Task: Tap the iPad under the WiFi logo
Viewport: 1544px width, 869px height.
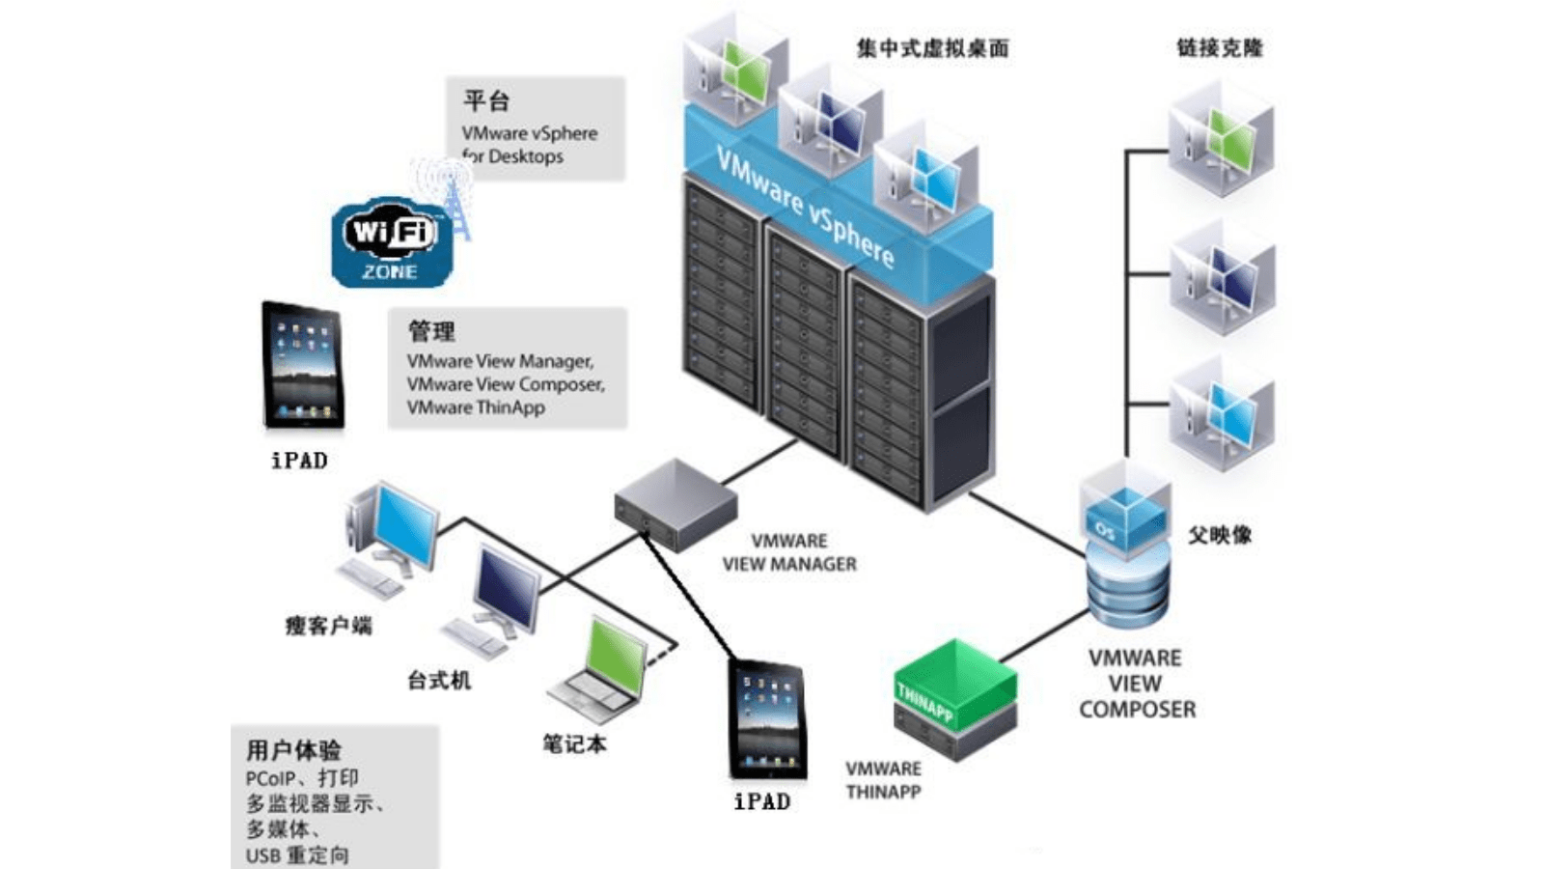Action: click(303, 366)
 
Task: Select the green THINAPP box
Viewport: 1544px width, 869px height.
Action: click(954, 687)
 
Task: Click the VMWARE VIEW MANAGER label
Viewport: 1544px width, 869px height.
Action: click(789, 552)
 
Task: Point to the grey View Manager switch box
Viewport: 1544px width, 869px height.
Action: click(675, 504)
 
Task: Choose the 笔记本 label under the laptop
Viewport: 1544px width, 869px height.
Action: click(574, 743)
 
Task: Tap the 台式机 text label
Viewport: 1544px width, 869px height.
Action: click(439, 680)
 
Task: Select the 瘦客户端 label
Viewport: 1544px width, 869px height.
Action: click(328, 626)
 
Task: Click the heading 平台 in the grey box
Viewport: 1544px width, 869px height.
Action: click(486, 100)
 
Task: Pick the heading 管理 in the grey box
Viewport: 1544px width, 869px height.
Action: click(431, 331)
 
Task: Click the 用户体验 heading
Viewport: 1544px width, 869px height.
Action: click(293, 749)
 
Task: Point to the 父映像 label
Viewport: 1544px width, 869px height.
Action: click(1220, 534)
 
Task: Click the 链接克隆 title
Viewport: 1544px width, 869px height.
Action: click(1220, 47)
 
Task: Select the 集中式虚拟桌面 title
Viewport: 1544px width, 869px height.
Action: click(932, 47)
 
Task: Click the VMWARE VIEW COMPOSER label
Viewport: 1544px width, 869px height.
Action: click(1137, 684)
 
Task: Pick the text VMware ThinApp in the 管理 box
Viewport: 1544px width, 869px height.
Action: click(476, 407)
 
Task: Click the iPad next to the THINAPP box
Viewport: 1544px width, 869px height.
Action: click(767, 720)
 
